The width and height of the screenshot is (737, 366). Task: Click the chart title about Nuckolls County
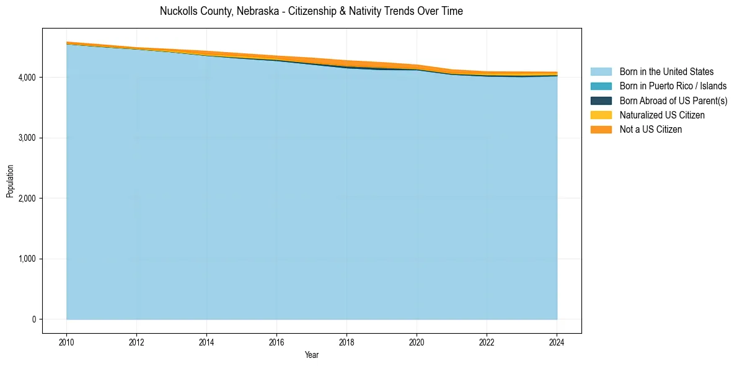(x=311, y=11)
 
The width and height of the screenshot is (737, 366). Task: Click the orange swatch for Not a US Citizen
(x=601, y=130)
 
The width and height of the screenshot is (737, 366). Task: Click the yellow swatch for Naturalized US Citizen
(x=601, y=115)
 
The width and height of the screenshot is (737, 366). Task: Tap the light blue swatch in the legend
(x=601, y=72)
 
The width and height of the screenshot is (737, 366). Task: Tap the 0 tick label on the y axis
(x=33, y=319)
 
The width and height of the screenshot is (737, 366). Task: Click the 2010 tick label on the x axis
(x=66, y=342)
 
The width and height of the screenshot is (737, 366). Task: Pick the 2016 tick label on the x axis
(x=276, y=342)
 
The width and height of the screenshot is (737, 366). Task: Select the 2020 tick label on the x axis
(x=417, y=342)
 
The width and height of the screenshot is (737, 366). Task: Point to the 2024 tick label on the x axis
(x=557, y=342)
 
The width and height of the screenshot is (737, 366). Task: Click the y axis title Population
(x=10, y=181)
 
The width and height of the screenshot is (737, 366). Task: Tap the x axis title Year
(x=311, y=355)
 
